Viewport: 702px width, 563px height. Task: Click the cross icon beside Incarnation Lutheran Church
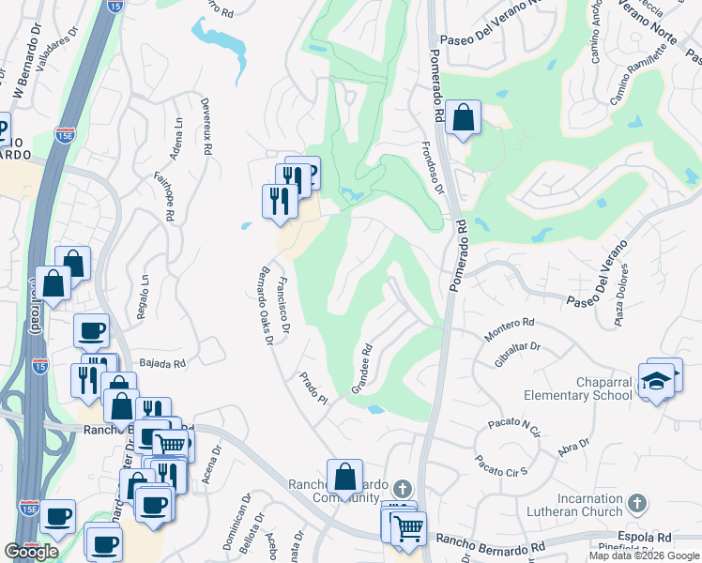coord(635,504)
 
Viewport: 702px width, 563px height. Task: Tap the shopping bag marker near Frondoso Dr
coord(463,119)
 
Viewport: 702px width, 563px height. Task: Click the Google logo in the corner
coord(32,551)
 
